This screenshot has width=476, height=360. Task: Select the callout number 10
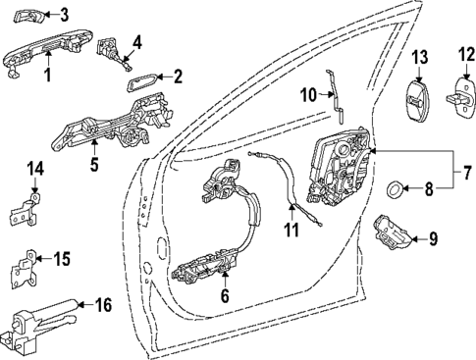click(307, 94)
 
